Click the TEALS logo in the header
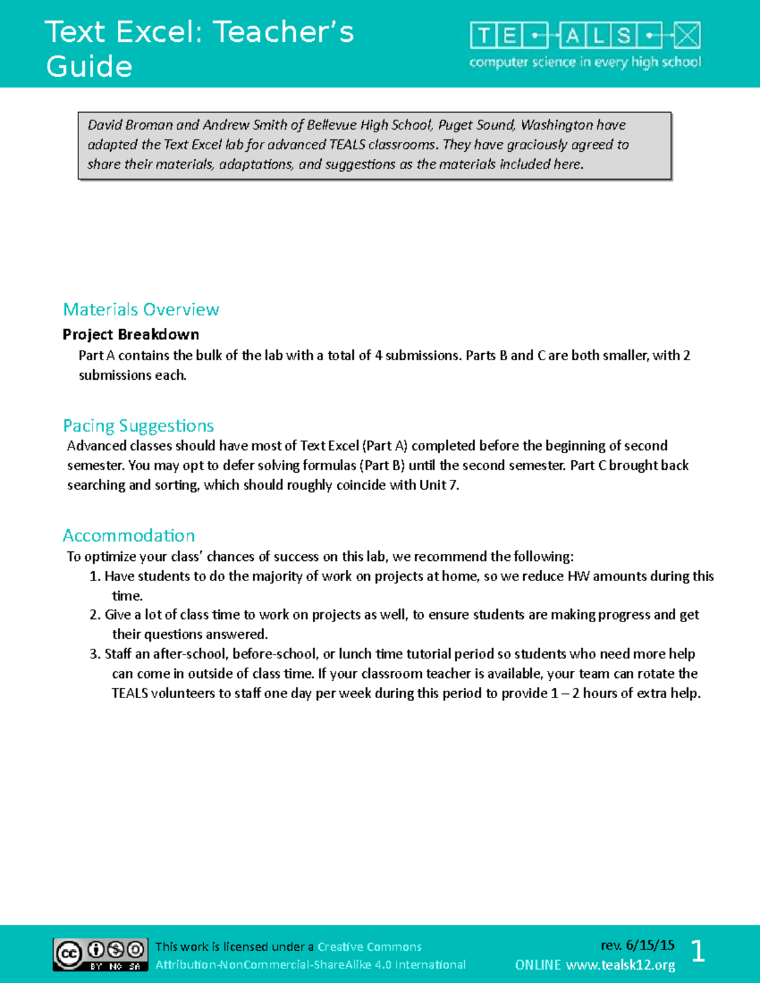[x=585, y=36]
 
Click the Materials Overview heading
[x=141, y=310]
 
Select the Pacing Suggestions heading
[x=138, y=425]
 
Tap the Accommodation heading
[x=129, y=535]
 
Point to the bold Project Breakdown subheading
[x=130, y=334]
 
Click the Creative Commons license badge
[x=101, y=955]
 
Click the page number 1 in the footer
[x=697, y=951]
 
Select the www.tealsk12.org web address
[x=620, y=965]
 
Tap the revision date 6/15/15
[x=650, y=946]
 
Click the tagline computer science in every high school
[x=585, y=62]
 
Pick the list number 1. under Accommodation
[x=95, y=576]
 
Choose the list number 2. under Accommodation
[x=95, y=615]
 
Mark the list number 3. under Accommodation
[x=95, y=654]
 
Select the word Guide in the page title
[x=89, y=66]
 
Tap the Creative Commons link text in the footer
[x=369, y=947]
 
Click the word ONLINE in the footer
[x=538, y=965]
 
